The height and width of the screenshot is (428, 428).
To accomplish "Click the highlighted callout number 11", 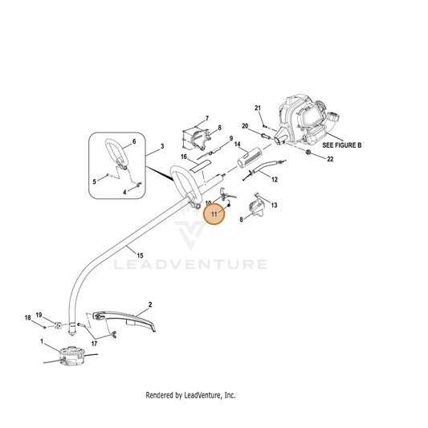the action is click(214, 214).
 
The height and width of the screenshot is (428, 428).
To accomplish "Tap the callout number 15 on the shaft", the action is click(140, 256).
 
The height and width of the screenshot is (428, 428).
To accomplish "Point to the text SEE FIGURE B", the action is click(342, 145).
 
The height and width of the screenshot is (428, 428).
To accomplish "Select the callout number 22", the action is click(330, 159).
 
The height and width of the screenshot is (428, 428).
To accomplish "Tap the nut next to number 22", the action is click(308, 152).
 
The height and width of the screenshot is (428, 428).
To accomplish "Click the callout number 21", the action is click(258, 108).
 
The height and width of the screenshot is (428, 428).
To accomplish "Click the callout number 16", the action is click(184, 157).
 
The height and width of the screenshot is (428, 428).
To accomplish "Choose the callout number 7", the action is click(207, 118).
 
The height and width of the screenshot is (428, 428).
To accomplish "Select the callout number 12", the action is click(275, 179).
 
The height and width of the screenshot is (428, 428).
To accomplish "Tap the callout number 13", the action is click(274, 205).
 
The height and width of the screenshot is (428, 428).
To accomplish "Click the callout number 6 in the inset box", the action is click(134, 141).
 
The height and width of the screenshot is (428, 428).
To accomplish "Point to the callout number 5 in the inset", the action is click(95, 181).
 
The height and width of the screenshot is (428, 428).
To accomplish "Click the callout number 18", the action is click(28, 318).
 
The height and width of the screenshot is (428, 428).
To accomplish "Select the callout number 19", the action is click(39, 315).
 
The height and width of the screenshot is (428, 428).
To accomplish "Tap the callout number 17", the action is click(94, 344).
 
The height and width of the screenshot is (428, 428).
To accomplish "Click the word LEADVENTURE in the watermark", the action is click(190, 264).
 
